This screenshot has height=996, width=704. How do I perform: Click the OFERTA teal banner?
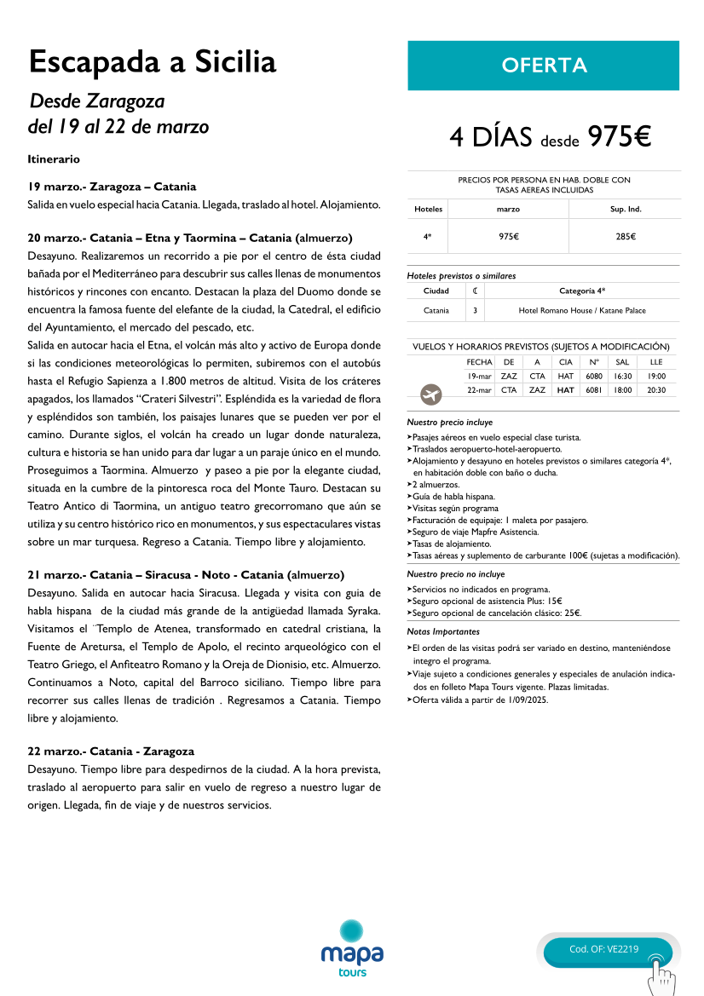click(x=543, y=66)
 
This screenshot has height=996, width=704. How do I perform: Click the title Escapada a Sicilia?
click(x=153, y=62)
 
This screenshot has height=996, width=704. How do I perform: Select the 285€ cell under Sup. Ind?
click(x=626, y=237)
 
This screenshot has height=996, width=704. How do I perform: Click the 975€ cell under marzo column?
click(x=509, y=237)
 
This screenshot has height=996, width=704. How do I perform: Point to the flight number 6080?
click(x=594, y=376)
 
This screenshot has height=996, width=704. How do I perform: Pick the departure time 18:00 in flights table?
click(x=622, y=390)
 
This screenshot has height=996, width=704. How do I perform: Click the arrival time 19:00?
click(x=656, y=376)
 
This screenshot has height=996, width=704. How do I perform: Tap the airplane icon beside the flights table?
click(x=431, y=394)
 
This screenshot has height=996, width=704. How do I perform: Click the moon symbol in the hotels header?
click(x=475, y=291)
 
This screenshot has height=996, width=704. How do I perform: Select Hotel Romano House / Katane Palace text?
click(x=582, y=311)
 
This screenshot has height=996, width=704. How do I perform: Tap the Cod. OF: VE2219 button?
click(x=603, y=949)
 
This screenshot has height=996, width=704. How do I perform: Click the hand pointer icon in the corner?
click(x=660, y=975)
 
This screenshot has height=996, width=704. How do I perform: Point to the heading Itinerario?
click(x=54, y=159)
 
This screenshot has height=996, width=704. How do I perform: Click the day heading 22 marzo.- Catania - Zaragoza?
click(x=111, y=751)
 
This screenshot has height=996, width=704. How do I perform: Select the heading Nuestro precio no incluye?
click(x=456, y=574)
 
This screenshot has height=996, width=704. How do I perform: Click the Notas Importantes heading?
click(x=443, y=632)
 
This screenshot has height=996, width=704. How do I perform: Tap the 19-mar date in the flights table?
click(x=479, y=376)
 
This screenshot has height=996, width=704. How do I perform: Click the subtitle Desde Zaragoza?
click(x=97, y=101)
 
